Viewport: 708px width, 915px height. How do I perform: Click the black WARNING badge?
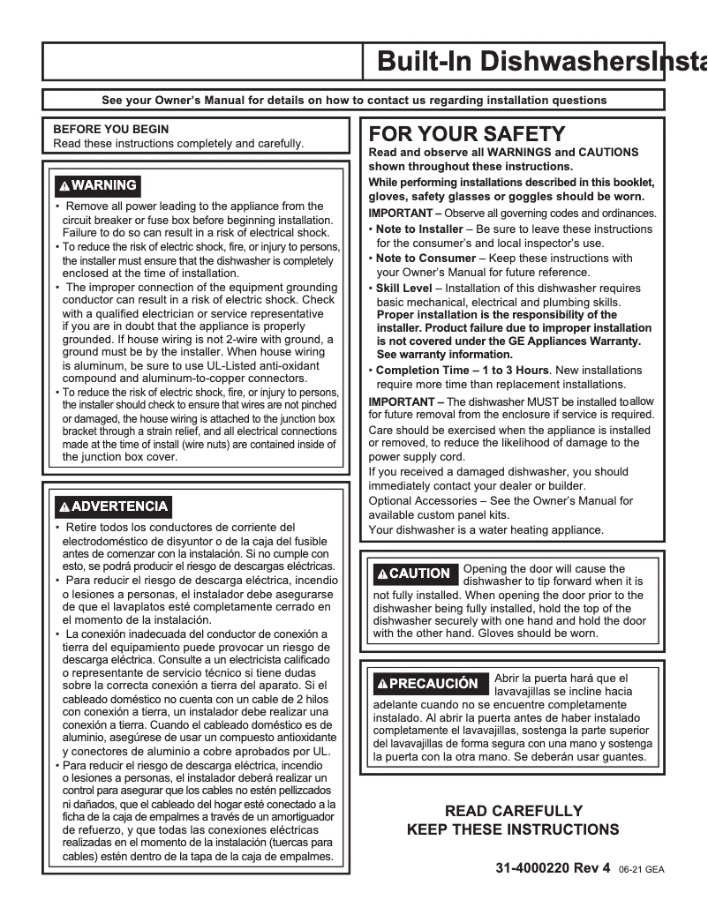pyautogui.click(x=96, y=185)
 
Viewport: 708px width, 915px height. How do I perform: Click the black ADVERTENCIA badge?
pyautogui.click(x=112, y=506)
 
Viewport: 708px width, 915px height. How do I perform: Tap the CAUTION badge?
pyautogui.click(x=413, y=574)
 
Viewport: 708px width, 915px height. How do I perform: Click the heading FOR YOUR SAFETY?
pyautogui.click(x=466, y=134)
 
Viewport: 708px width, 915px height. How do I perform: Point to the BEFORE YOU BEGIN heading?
pyautogui.click(x=111, y=129)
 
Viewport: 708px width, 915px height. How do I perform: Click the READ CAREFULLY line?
pyautogui.click(x=513, y=811)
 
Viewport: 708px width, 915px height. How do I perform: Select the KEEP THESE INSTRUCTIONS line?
pyautogui.click(x=513, y=829)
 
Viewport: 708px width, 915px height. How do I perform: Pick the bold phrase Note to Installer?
pyautogui.click(x=419, y=229)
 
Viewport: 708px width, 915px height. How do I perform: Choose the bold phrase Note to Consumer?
pyautogui.click(x=423, y=259)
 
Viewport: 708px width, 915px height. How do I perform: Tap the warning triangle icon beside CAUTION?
pyautogui.click(x=381, y=574)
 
